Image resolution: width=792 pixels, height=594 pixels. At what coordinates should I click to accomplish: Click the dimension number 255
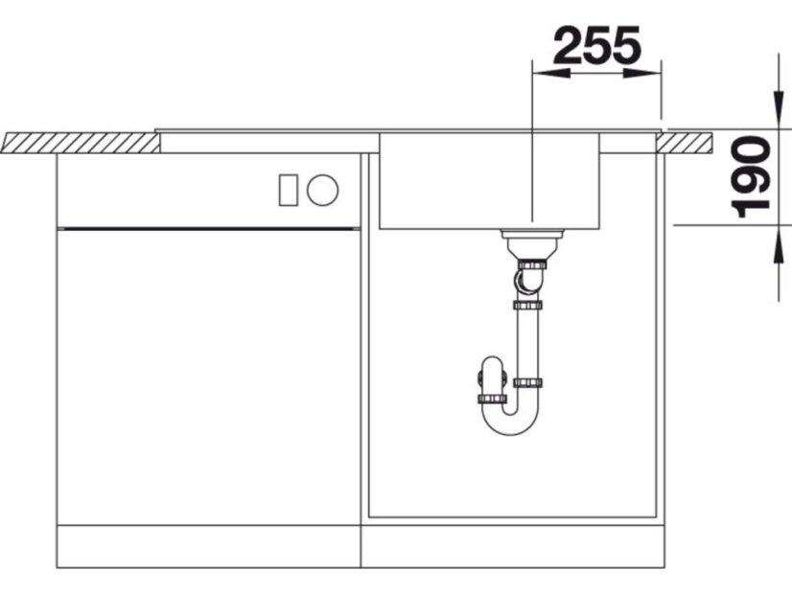597,45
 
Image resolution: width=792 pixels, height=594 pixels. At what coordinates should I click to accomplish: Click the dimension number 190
751,177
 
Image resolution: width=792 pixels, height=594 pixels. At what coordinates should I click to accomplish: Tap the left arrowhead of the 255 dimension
551,74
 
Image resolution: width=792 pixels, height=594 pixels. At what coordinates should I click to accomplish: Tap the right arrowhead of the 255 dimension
642,74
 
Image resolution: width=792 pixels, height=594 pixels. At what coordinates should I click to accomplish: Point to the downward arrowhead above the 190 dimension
779,107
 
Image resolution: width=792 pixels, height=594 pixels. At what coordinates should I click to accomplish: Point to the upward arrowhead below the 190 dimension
779,243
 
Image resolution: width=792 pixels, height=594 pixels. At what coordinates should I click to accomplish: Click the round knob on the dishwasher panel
323,191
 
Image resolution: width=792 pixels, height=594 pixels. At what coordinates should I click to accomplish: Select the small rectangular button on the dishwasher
289,191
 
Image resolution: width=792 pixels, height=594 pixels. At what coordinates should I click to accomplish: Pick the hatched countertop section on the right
686,143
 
